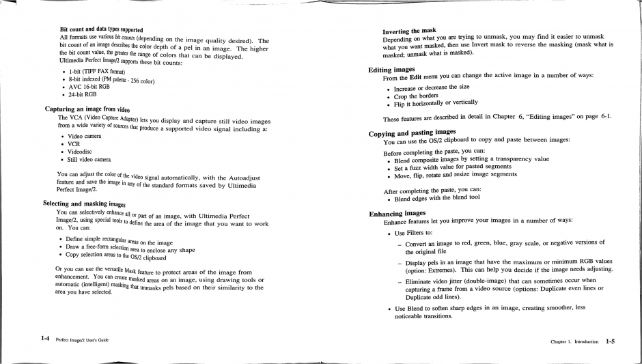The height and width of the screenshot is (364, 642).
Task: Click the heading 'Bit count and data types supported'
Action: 101,29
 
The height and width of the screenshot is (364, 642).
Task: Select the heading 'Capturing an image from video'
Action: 87,109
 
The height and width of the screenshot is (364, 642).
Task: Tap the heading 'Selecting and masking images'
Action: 84,204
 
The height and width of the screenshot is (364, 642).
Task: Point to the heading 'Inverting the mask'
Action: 409,31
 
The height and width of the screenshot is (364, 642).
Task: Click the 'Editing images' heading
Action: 391,70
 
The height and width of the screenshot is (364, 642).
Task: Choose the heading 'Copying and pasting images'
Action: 412,132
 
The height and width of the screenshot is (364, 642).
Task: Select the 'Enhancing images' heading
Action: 397,213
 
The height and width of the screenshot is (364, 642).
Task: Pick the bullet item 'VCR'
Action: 74,144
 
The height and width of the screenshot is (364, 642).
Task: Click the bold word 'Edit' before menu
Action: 419,76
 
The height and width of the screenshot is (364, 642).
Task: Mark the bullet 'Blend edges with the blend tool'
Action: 436,199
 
